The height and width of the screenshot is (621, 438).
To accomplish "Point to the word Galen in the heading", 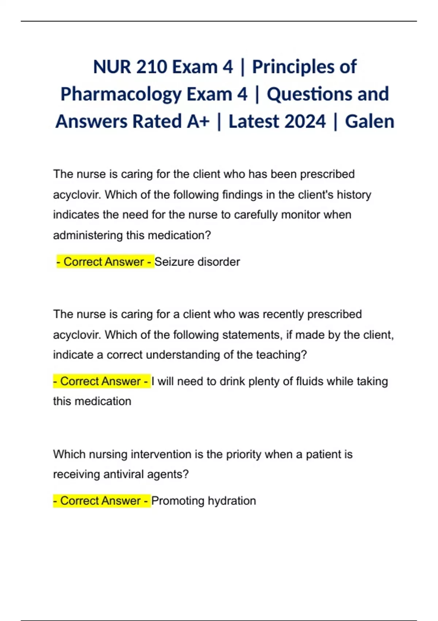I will click(x=369, y=121).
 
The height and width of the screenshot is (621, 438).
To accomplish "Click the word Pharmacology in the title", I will click(x=121, y=94).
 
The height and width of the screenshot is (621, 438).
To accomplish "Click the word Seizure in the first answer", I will click(x=174, y=262).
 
